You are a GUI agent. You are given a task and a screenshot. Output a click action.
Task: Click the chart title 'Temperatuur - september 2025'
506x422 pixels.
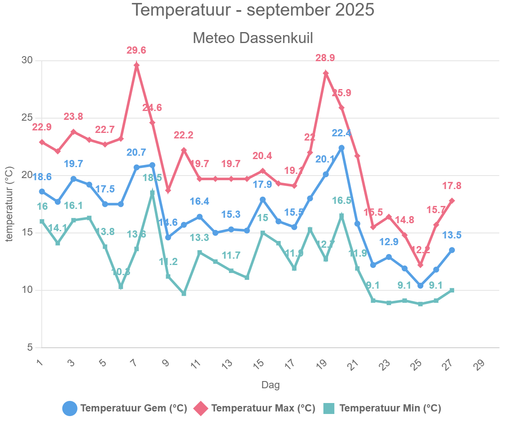(x=253, y=10)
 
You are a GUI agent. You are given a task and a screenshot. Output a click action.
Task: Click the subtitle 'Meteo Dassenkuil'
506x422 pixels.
(x=253, y=38)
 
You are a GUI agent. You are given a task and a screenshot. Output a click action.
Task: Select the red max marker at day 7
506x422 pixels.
(x=137, y=65)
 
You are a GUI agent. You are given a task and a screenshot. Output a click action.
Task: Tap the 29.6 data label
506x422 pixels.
(x=137, y=51)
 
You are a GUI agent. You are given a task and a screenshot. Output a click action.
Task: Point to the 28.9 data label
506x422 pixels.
(x=326, y=58)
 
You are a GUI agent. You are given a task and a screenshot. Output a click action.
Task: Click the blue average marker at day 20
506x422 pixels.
(x=342, y=148)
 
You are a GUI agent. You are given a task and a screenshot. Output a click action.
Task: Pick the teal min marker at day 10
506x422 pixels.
(x=184, y=293)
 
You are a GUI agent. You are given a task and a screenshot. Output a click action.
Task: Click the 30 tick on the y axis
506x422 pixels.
(x=27, y=60)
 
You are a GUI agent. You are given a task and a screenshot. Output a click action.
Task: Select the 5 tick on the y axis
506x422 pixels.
(x=30, y=348)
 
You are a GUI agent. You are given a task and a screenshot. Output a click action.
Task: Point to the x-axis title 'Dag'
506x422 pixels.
(x=270, y=385)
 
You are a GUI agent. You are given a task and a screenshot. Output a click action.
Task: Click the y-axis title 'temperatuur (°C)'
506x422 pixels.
(x=9, y=205)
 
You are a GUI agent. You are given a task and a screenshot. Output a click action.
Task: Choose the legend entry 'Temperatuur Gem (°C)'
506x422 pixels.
(x=134, y=408)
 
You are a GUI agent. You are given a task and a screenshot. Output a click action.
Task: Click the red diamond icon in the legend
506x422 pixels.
(x=201, y=408)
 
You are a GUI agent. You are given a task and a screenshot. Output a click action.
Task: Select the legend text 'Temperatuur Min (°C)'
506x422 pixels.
(x=390, y=408)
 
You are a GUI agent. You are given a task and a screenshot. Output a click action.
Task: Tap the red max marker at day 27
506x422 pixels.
(x=452, y=201)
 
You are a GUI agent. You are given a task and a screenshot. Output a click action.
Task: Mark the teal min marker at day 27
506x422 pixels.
(x=452, y=290)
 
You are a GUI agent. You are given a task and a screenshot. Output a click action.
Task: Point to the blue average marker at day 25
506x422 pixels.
(x=420, y=286)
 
